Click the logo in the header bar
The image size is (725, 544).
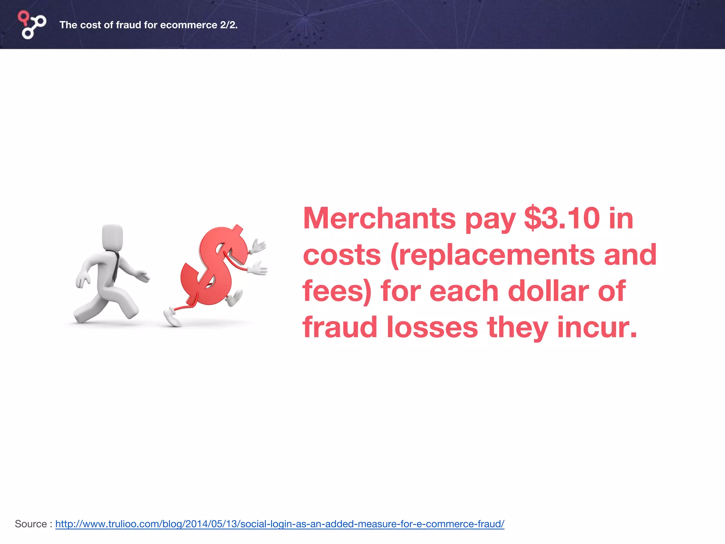[x=32, y=25]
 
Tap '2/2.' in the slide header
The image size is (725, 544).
[x=229, y=25]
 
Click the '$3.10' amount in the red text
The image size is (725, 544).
[x=562, y=219]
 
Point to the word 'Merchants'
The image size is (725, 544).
[x=379, y=219]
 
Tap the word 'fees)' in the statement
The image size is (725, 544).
[x=337, y=291]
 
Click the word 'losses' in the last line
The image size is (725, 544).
[x=432, y=328]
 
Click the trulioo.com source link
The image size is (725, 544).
[x=280, y=524]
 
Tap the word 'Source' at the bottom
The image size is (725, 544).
[x=31, y=524]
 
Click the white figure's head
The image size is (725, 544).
[x=113, y=237]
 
